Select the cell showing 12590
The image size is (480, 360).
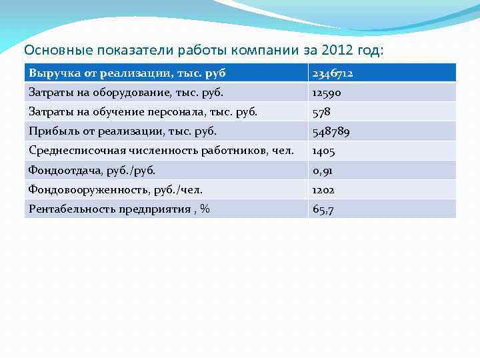(x=327, y=93)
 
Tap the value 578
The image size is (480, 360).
(x=321, y=112)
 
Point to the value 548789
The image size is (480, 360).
(x=331, y=131)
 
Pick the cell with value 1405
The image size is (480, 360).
(x=324, y=151)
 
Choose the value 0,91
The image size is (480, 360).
(x=323, y=171)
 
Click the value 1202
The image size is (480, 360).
(x=324, y=190)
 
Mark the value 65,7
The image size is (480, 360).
(x=323, y=209)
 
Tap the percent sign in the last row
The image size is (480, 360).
(x=205, y=209)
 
